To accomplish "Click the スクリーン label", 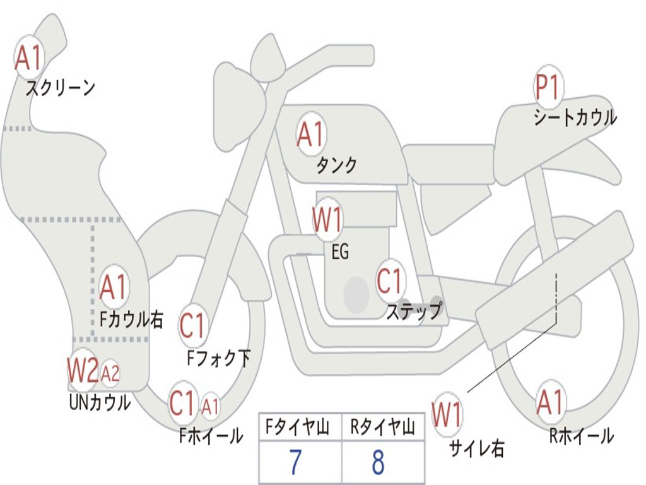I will coord(60,88).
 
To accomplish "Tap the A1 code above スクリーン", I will coord(28,58).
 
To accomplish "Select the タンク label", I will coord(336,165).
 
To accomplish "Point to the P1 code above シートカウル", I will coord(548,88).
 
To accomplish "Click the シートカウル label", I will coord(575,117).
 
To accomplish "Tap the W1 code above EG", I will coord(328,221).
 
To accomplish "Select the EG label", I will coord(340,252).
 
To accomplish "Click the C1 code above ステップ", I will coord(390,282).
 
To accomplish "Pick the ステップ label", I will coord(414,311).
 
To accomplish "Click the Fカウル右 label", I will coord(132,319).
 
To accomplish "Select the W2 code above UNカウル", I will coord(83,370).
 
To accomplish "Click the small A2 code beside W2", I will coord(110,374).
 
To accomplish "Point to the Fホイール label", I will coord(211,435).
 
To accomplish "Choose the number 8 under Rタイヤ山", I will coord(378,462).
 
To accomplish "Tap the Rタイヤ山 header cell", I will coord(382,429).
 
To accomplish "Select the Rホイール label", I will coord(581,435).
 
